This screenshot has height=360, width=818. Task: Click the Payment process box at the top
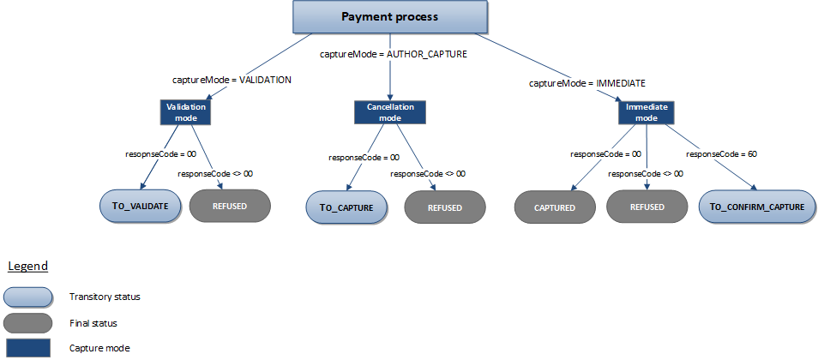[389, 17]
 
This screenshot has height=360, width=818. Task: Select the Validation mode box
[184, 111]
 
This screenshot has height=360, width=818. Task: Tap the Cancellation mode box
[390, 111]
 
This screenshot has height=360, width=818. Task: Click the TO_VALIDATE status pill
[140, 207]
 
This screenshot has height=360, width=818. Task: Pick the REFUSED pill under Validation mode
[230, 207]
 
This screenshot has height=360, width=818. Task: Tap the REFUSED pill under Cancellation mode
[445, 207]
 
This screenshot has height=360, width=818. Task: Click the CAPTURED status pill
[554, 207]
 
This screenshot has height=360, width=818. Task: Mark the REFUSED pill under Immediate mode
[647, 207]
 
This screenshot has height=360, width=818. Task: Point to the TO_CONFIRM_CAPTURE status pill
[757, 207]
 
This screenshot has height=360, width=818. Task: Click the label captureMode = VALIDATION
[232, 80]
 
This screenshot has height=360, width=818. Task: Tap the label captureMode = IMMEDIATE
[586, 83]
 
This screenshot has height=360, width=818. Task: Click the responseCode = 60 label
[721, 154]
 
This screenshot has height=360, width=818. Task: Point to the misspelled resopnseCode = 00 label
[160, 153]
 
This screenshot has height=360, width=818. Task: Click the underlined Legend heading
[27, 267]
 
